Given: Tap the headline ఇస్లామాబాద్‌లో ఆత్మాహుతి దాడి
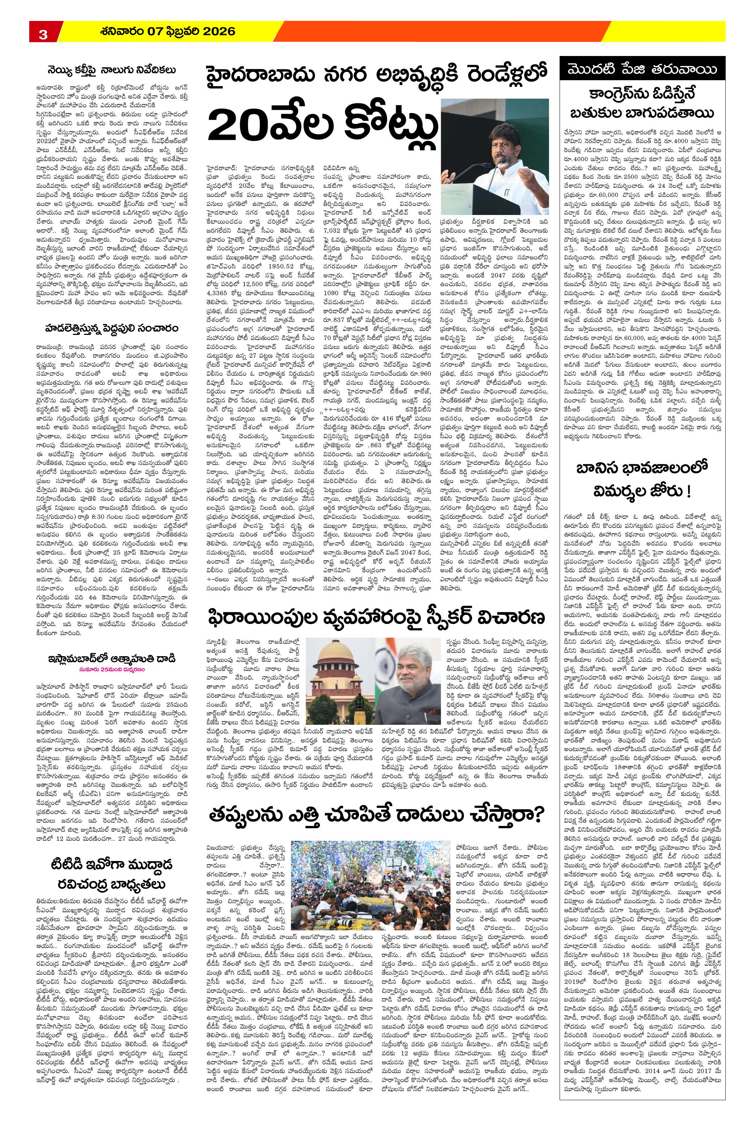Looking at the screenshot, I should point(111,659).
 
